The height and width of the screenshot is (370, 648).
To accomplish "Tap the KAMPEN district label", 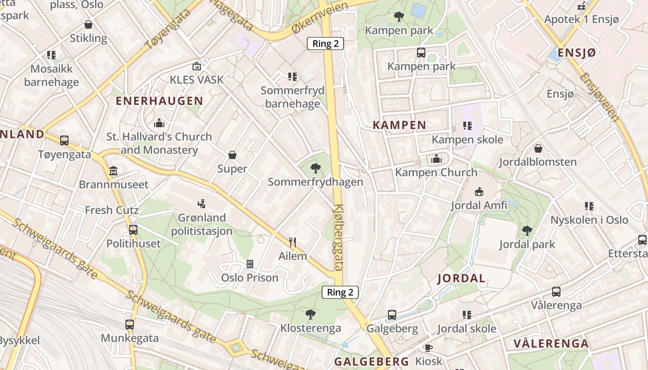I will (399, 125).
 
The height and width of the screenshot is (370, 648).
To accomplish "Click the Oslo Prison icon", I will (250, 264).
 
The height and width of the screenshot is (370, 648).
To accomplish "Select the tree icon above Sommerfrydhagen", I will (316, 168).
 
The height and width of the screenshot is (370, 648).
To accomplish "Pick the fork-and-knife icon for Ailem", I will (293, 242).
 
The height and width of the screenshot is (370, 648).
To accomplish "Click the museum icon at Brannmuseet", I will (113, 171).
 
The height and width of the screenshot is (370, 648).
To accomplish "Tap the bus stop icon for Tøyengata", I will (64, 140).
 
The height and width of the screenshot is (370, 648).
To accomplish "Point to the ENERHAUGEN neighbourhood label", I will (159, 101).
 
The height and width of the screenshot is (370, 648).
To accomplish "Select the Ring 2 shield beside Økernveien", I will (325, 44).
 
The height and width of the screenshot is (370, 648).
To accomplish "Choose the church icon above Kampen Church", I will (436, 159).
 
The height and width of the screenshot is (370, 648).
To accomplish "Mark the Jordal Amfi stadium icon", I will (479, 191).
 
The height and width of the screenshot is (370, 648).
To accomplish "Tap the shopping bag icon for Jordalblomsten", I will (538, 148).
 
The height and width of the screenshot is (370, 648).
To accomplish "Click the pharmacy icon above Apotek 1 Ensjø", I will (581, 6).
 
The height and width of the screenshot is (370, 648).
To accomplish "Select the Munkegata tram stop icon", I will (130, 325).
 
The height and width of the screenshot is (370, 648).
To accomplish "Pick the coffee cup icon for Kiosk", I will (429, 348).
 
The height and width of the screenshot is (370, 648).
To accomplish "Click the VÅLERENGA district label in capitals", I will (551, 344).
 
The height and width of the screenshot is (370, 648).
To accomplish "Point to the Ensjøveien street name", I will (600, 97).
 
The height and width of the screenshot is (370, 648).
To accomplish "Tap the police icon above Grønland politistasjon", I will (201, 203).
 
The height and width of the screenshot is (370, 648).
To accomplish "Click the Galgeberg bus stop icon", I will (392, 315).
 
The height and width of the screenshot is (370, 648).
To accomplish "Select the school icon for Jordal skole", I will (467, 315).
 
